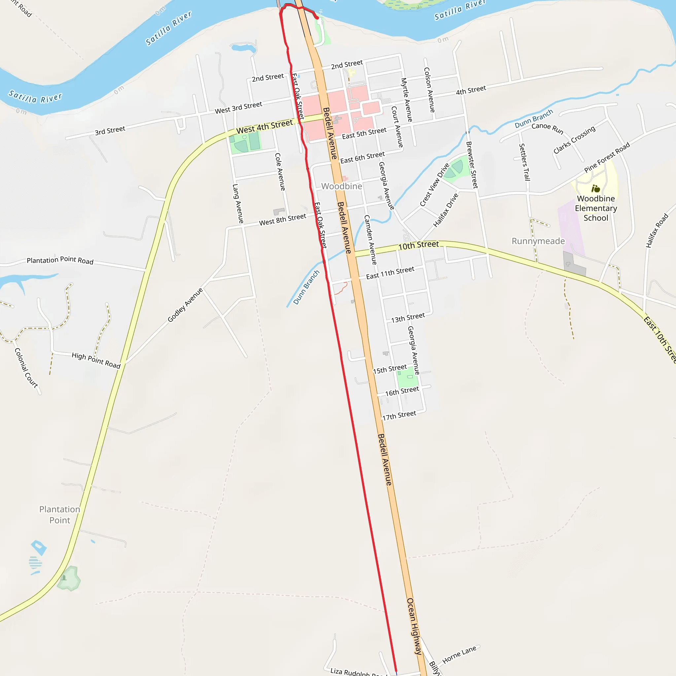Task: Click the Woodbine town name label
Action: coord(342,186)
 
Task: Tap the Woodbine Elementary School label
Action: coord(595,208)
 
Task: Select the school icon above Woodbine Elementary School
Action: coord(595,189)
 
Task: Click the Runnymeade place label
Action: coord(538,241)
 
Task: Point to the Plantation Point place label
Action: coord(59,515)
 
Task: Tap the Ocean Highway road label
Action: coord(414,626)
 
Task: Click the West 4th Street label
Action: coord(264,127)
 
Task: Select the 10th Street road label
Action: coord(419,245)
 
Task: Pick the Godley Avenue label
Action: coord(185,305)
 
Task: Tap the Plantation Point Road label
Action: coord(60,260)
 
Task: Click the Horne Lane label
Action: coord(459,655)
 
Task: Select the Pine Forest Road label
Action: coord(607,157)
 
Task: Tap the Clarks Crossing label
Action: coord(574,140)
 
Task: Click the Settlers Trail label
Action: coord(524,162)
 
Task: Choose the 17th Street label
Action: coord(399,415)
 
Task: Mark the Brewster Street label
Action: coord(472,165)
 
